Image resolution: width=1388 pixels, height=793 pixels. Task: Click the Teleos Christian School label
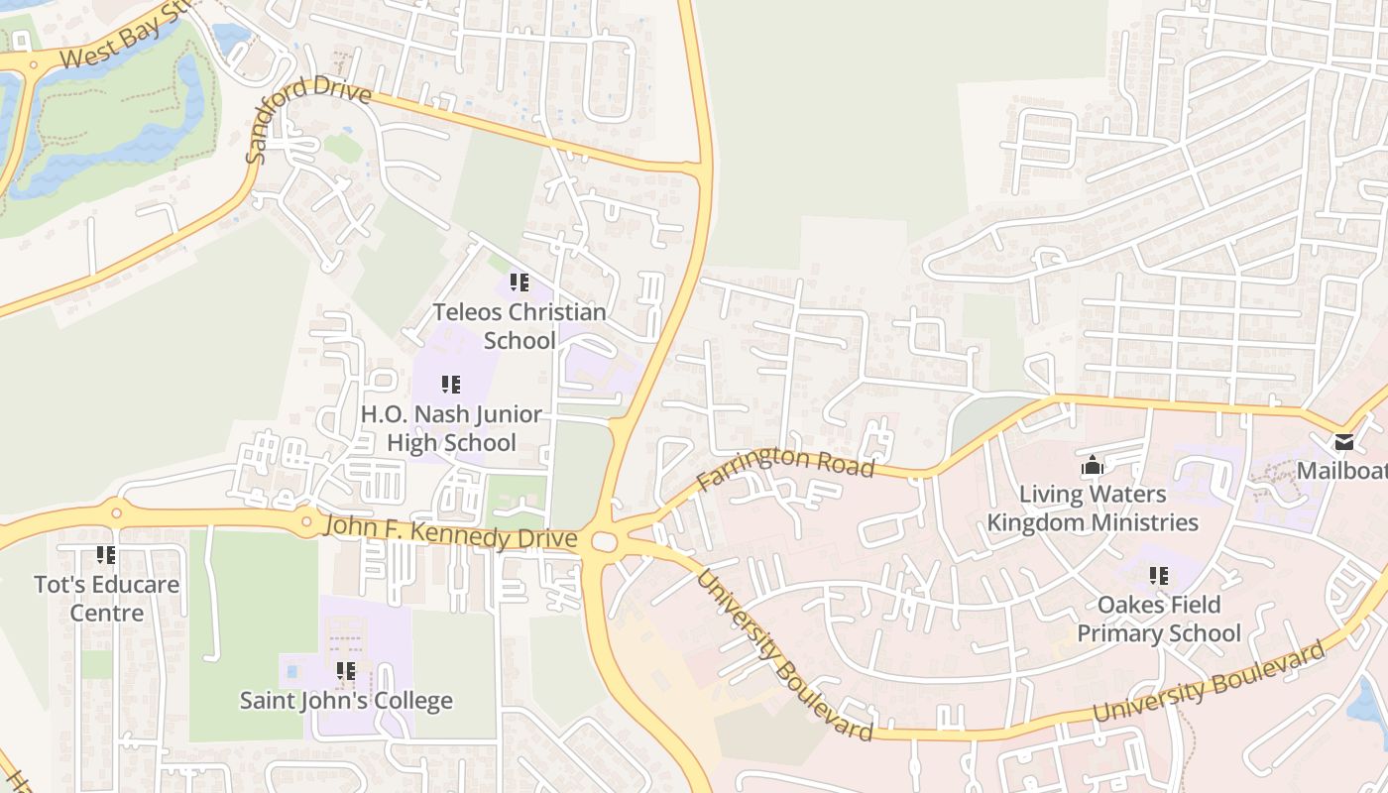519,326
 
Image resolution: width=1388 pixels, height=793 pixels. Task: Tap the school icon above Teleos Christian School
519,283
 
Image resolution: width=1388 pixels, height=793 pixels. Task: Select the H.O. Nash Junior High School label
451,428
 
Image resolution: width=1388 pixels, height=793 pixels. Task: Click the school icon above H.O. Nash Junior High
451,385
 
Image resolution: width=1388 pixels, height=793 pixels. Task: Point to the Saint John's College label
346,701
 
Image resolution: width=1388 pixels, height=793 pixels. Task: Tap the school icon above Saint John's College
345,671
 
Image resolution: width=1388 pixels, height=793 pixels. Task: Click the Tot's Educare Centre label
107,598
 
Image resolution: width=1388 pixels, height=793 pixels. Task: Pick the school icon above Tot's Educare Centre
105,555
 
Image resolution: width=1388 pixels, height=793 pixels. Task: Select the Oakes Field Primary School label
1159,619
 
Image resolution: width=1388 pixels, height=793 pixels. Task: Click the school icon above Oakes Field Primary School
1158,575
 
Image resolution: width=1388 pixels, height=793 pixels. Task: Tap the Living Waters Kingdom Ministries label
1093,508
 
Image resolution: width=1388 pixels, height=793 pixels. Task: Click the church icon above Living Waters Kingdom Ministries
1092,464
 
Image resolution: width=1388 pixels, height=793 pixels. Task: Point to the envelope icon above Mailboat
1344,441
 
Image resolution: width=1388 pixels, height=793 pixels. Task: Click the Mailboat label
1342,470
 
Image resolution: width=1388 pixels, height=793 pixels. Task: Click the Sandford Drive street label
307,117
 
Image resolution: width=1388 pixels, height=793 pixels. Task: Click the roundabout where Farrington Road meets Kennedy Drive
604,541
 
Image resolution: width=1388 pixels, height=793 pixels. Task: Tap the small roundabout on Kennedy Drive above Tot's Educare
116,512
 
